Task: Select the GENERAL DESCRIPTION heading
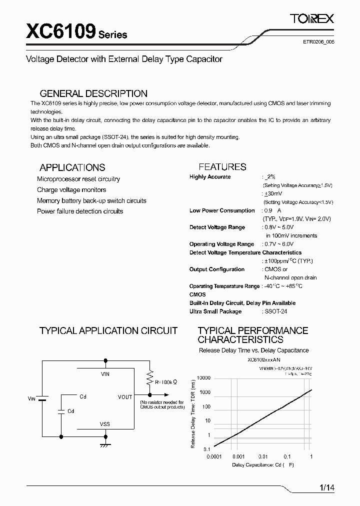(x=93, y=93)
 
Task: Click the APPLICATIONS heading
(x=72, y=167)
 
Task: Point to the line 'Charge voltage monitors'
(x=71, y=190)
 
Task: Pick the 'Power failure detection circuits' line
(x=80, y=211)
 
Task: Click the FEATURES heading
(x=222, y=167)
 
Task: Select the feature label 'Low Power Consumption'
(x=222, y=210)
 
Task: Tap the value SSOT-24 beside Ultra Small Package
(x=276, y=311)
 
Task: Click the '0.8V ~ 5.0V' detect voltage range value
(x=279, y=227)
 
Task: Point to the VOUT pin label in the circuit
(x=125, y=397)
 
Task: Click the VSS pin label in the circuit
(x=105, y=424)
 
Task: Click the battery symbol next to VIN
(x=43, y=398)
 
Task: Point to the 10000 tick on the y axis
(x=203, y=378)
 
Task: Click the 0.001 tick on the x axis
(x=238, y=456)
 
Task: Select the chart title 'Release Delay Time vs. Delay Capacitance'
(x=253, y=350)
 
